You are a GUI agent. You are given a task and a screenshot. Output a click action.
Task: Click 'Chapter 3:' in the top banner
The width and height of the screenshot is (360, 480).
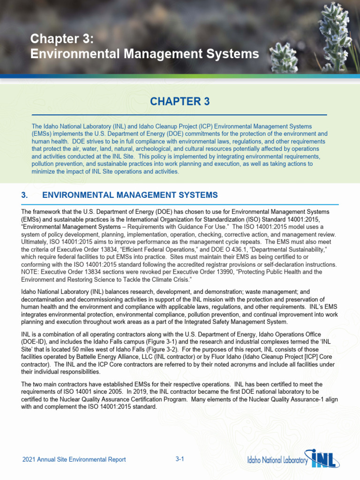pos(62,39)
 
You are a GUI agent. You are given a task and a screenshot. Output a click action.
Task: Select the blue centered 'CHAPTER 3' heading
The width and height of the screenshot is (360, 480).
pos(180,102)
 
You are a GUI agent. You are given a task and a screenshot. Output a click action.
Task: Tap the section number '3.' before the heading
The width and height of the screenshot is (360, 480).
pos(25,195)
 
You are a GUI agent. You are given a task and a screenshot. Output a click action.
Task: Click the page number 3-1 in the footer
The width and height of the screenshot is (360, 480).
pos(180,459)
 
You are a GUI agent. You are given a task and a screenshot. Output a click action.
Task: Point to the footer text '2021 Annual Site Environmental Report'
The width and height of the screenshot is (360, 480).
pos(74,459)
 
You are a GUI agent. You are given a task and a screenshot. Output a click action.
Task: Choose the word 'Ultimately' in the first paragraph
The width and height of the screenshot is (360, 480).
pos(36,242)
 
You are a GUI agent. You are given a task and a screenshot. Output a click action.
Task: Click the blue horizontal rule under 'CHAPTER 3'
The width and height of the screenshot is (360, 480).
pos(180,115)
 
